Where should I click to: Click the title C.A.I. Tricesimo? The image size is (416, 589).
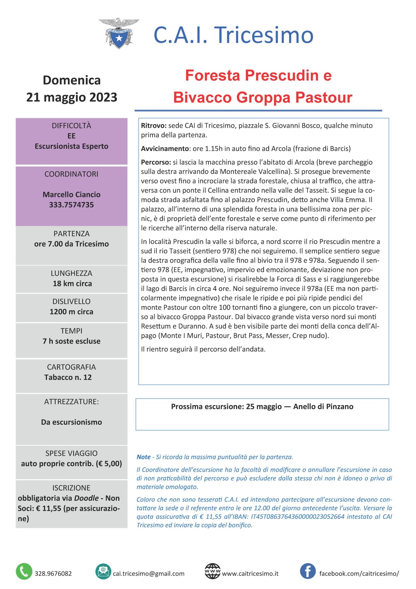point(233,35)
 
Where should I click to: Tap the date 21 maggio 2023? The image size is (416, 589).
point(71,97)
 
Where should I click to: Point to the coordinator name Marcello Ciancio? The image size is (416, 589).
point(71,194)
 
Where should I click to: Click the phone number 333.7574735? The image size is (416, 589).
point(71,205)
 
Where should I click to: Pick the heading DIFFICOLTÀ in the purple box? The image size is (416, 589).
point(71,126)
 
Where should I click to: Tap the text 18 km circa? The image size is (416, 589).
point(72,283)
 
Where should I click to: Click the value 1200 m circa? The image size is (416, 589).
point(71,312)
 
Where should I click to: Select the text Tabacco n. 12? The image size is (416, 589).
point(68,377)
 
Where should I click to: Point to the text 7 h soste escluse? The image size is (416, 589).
point(71,341)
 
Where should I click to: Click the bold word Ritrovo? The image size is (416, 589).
point(153,126)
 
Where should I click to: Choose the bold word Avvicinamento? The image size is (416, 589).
point(165,149)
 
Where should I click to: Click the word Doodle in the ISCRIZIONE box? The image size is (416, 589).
point(86,498)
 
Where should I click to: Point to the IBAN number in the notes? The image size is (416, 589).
point(297,516)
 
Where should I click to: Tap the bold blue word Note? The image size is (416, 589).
point(144,457)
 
